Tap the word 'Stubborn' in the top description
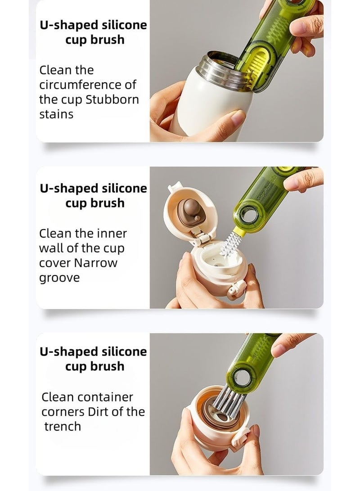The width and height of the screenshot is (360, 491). [112, 99]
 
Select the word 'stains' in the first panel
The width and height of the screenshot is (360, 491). [56, 114]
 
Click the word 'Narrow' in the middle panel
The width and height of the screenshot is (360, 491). [96, 263]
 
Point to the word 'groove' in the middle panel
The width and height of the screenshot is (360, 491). [59, 278]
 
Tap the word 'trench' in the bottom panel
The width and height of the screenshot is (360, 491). [63, 426]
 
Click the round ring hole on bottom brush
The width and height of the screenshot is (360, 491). [242, 377]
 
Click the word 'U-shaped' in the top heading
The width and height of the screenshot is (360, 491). [68, 25]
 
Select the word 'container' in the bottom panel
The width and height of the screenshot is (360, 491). [105, 397]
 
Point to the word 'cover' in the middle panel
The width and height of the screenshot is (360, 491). [55, 263]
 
